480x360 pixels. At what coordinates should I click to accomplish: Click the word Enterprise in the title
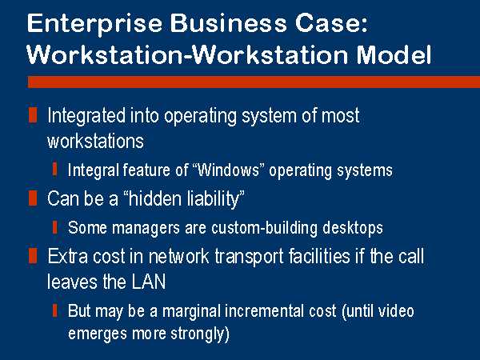(x=94, y=24)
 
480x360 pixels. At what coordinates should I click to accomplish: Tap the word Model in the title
(x=394, y=54)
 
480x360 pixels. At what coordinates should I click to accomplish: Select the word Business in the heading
(x=228, y=23)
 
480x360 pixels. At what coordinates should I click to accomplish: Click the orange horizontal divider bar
(x=254, y=82)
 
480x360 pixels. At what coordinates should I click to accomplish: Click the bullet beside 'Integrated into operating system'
(x=33, y=114)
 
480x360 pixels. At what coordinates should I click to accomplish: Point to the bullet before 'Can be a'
(x=33, y=198)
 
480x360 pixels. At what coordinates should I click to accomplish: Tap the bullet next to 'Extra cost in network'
(x=33, y=256)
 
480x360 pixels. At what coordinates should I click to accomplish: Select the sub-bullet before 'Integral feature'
(x=54, y=170)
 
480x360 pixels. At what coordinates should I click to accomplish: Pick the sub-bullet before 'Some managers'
(x=54, y=227)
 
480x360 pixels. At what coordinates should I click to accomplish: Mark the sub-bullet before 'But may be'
(x=54, y=310)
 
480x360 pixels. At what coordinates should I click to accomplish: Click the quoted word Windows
(x=228, y=170)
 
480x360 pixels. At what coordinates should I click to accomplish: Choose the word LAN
(x=149, y=282)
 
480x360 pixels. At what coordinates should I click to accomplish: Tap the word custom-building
(x=265, y=228)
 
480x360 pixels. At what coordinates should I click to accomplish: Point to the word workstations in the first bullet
(x=95, y=141)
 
